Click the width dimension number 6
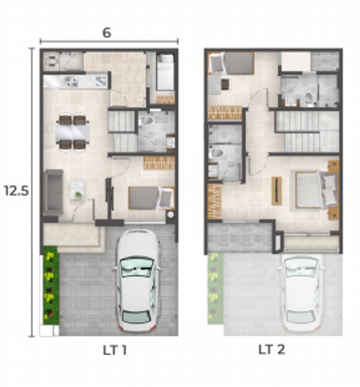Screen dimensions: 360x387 [107, 33]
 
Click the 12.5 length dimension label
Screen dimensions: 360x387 [16, 191]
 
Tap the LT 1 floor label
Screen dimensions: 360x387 [115, 350]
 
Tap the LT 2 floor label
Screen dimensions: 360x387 [271, 349]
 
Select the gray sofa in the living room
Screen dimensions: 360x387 [53, 192]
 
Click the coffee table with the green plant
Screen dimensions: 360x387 [77, 189]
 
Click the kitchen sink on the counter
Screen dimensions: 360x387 [101, 80]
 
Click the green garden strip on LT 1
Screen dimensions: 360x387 [51, 285]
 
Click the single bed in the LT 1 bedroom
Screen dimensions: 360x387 [151, 198]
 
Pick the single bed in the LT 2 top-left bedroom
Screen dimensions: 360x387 [231, 63]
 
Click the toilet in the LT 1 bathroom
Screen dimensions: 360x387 [146, 121]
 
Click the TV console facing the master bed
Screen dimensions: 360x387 [276, 191]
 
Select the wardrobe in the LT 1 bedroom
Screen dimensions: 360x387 [159, 163]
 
